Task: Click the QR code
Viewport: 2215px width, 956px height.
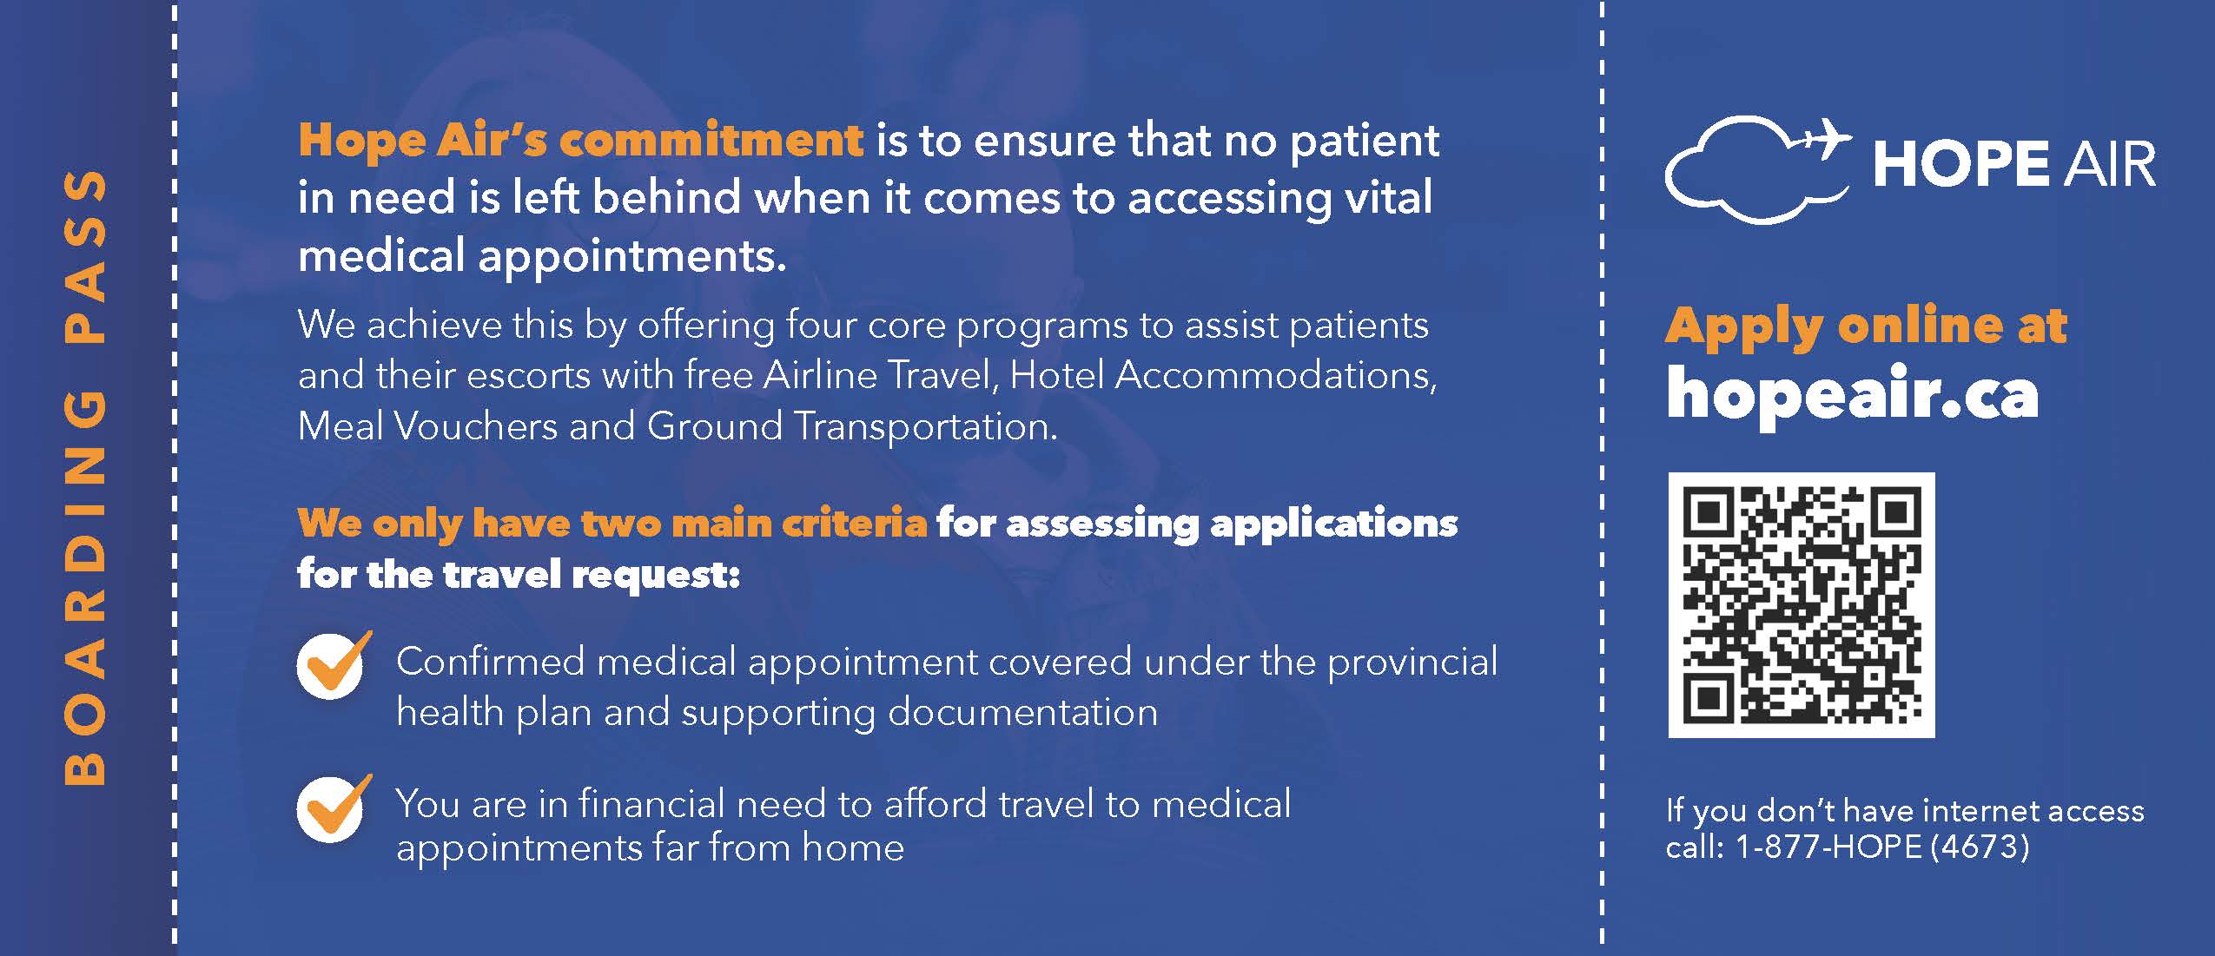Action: coord(1802,605)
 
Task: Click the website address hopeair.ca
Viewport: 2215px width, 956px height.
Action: coord(1852,395)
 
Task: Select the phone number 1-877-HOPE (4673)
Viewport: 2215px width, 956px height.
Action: coord(1881,847)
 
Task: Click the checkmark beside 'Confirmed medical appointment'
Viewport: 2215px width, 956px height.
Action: coord(333,665)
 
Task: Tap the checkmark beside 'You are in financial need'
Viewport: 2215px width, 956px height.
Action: coord(333,808)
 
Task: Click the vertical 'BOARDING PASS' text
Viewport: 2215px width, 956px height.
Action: coord(85,478)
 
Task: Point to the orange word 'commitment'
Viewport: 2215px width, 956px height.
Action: coord(711,141)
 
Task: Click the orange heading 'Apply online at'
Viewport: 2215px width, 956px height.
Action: coord(1866,326)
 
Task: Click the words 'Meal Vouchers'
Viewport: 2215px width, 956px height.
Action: coord(427,426)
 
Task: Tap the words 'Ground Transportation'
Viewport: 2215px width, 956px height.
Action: coord(852,426)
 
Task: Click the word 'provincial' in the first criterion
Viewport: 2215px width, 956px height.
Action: coord(1412,663)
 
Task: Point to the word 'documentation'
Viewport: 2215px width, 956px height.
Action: coord(1023,712)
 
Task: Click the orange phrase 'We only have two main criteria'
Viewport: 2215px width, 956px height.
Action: coord(612,524)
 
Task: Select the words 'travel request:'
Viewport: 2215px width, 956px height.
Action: coord(592,575)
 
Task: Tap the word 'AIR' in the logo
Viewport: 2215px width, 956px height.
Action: coord(2111,165)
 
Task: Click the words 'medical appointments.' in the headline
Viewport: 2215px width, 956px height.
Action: coord(542,256)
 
